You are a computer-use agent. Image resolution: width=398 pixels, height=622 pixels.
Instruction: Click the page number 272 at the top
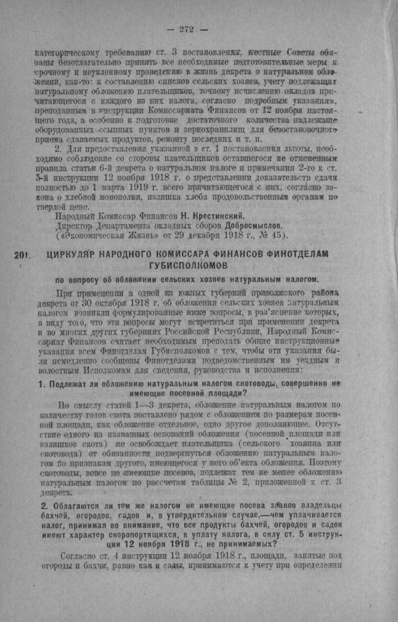tap(186, 28)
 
